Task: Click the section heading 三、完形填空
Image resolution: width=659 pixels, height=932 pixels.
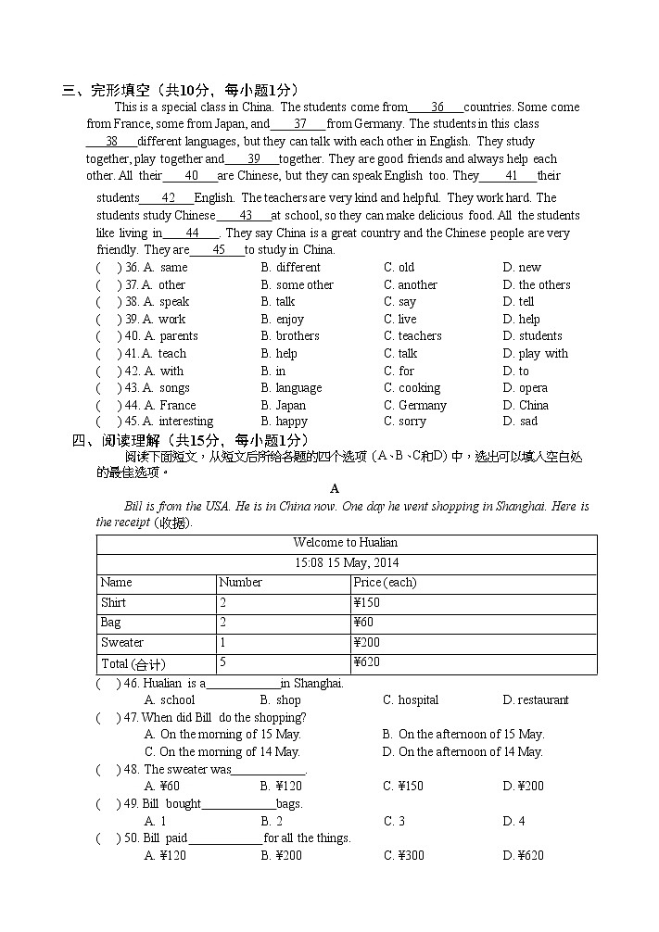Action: pyautogui.click(x=180, y=90)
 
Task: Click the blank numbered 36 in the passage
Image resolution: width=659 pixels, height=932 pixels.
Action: pyautogui.click(x=437, y=107)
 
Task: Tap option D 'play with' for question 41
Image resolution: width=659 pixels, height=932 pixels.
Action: pyautogui.click(x=535, y=354)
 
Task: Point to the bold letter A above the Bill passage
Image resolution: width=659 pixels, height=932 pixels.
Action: pyautogui.click(x=335, y=488)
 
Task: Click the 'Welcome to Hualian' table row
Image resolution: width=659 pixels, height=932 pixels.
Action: pyautogui.click(x=346, y=543)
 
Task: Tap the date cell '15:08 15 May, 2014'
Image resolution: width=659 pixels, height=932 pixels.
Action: pyautogui.click(x=347, y=563)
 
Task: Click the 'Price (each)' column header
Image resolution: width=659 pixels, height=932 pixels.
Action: pyautogui.click(x=385, y=583)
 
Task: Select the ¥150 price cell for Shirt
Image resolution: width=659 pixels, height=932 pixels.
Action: pyautogui.click(x=367, y=603)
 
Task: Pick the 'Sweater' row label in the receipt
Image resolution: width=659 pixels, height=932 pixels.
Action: pyautogui.click(x=122, y=643)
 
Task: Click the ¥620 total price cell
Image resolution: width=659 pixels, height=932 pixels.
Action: pyautogui.click(x=367, y=662)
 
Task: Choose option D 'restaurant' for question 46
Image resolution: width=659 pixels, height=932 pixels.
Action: pyautogui.click(x=536, y=700)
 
